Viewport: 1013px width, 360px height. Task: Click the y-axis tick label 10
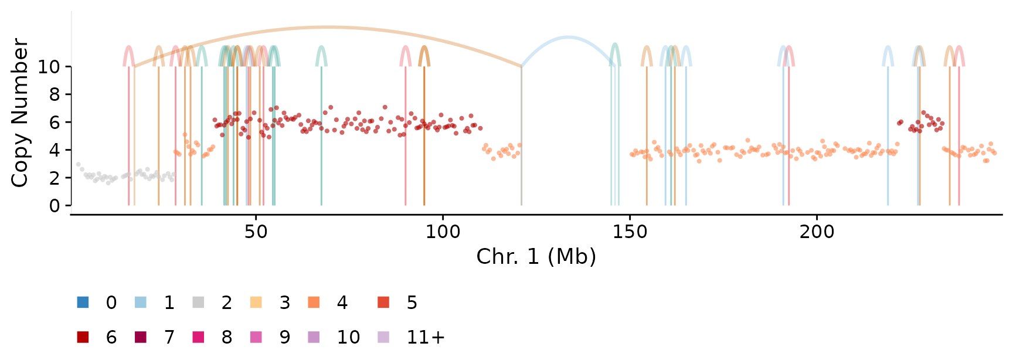[x=49, y=67]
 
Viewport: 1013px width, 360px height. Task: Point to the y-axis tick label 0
[x=55, y=206]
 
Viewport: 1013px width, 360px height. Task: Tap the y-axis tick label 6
[x=55, y=123]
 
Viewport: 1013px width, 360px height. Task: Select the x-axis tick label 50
[x=256, y=232]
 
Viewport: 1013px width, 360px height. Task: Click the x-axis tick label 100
[x=443, y=232]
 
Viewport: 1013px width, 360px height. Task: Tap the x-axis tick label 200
[x=817, y=232]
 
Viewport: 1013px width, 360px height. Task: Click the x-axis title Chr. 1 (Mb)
[x=536, y=257]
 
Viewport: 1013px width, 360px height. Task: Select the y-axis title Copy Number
[x=20, y=113]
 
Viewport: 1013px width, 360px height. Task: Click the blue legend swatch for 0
[x=83, y=303]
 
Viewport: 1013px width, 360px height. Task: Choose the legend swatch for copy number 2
[x=199, y=303]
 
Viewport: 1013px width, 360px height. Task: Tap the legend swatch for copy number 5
[x=383, y=303]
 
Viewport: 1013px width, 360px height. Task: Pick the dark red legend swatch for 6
[x=83, y=337]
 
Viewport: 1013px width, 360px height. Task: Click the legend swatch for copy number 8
[x=199, y=337]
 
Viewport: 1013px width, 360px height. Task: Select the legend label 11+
[x=426, y=337]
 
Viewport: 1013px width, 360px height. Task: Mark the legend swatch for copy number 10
[x=314, y=337]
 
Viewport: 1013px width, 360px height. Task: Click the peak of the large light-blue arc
[x=567, y=38]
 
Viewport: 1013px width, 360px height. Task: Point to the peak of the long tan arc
[x=327, y=27]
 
